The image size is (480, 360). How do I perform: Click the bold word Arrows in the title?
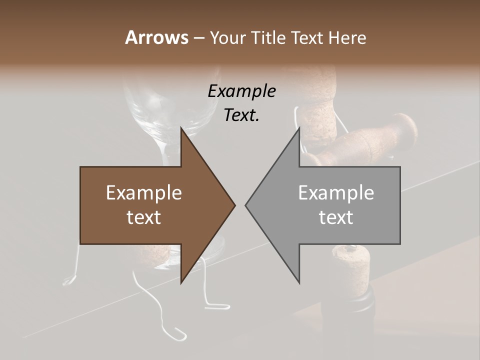156,37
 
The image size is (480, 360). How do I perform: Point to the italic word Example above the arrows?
241,91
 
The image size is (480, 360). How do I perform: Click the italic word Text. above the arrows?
241,115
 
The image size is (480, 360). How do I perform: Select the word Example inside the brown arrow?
144,193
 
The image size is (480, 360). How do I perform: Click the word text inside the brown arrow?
144,217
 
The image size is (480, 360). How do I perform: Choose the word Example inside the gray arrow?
336,193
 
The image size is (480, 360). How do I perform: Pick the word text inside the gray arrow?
336,217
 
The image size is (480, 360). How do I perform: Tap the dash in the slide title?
198,38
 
